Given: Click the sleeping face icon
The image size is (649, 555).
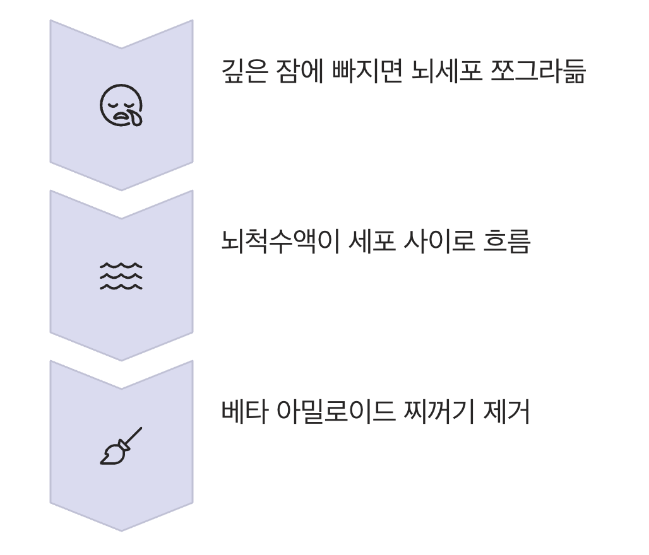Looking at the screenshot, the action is [x=121, y=105].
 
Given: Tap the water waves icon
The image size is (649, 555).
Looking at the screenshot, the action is [x=121, y=276].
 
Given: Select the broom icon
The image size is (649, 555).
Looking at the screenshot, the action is [x=121, y=446].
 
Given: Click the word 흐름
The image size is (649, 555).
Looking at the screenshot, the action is [x=508, y=242].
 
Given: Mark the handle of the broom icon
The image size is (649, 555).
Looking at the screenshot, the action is [x=133, y=436].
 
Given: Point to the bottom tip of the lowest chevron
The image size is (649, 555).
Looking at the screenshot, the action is [x=121, y=530].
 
